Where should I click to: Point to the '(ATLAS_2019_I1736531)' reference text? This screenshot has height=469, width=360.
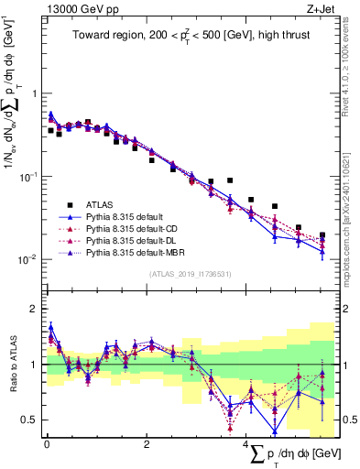pos(191,274)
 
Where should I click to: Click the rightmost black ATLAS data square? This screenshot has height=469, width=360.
pos(322,235)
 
